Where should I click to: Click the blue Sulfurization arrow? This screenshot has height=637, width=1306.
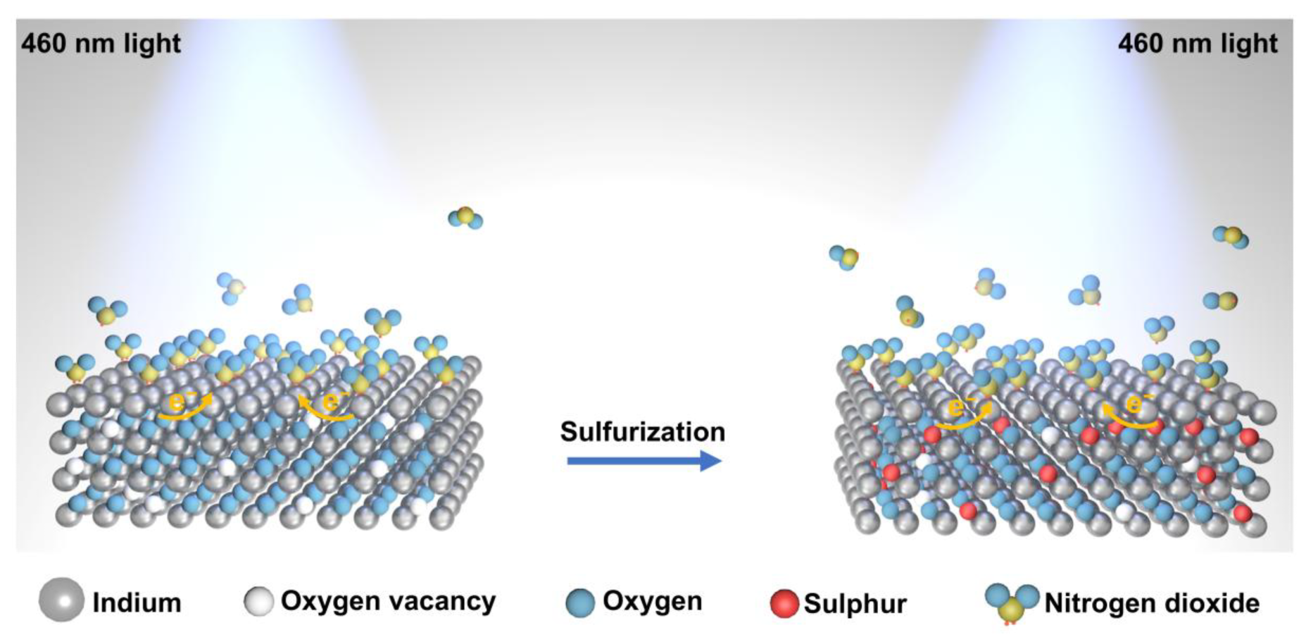click(643, 462)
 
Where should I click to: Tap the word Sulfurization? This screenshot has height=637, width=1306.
click(642, 431)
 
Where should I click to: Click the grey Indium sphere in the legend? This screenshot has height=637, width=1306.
click(61, 600)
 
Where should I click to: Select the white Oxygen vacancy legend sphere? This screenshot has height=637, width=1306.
click(258, 601)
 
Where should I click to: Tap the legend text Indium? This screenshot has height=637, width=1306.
click(137, 603)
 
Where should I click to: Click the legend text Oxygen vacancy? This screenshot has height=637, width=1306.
click(388, 601)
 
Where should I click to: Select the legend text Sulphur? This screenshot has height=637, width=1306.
click(855, 604)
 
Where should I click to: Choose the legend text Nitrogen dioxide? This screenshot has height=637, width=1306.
click(1151, 603)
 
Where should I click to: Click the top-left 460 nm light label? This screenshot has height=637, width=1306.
click(101, 44)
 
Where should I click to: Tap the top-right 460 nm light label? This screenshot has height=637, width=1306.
click(1197, 44)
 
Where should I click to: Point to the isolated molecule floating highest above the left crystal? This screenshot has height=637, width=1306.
click(465, 218)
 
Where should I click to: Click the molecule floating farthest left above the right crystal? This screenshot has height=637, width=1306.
click(843, 257)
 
